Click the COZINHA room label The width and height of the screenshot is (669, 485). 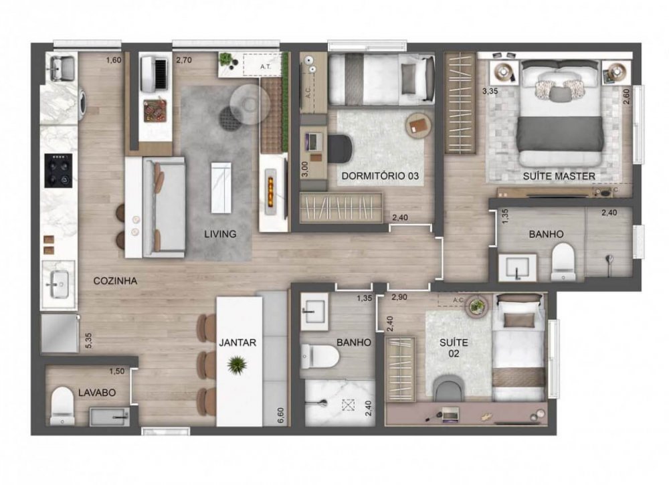[x=116, y=282]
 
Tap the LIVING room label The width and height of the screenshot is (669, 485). [x=221, y=234]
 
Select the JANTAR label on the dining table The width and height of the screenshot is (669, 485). [x=238, y=342]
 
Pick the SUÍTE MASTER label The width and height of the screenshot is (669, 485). [x=559, y=177]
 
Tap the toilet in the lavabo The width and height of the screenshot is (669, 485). [x=62, y=404]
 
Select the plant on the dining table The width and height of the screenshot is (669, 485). [x=236, y=365]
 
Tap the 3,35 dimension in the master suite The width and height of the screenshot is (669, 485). [x=492, y=91]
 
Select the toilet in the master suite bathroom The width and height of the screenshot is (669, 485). [x=563, y=261]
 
